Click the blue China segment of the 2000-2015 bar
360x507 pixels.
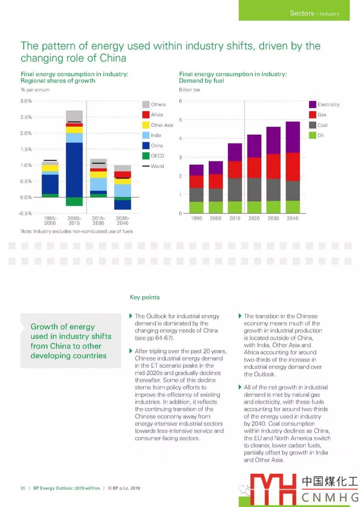pyautogui.click(x=74, y=170)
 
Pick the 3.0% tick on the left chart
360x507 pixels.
pyautogui.click(x=26, y=101)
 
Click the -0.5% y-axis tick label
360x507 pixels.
pyautogui.click(x=25, y=213)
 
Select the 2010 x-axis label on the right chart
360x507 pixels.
pyautogui.click(x=235, y=218)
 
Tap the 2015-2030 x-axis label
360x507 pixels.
pyautogui.click(x=98, y=221)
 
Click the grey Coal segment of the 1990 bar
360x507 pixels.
pyautogui.click(x=196, y=195)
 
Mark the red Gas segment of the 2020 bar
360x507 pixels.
pyautogui.click(x=254, y=168)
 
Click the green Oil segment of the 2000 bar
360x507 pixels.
pyautogui.click(x=216, y=207)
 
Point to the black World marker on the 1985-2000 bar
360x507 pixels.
pyautogui.click(x=50, y=160)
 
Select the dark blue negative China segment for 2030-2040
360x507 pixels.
pyautogui.click(x=123, y=205)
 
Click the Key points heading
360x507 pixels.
pyautogui.click(x=145, y=297)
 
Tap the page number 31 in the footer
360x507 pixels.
pyautogui.click(x=23, y=488)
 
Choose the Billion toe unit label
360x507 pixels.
pyautogui.click(x=189, y=90)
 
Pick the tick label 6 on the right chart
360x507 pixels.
pyautogui.click(x=180, y=101)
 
